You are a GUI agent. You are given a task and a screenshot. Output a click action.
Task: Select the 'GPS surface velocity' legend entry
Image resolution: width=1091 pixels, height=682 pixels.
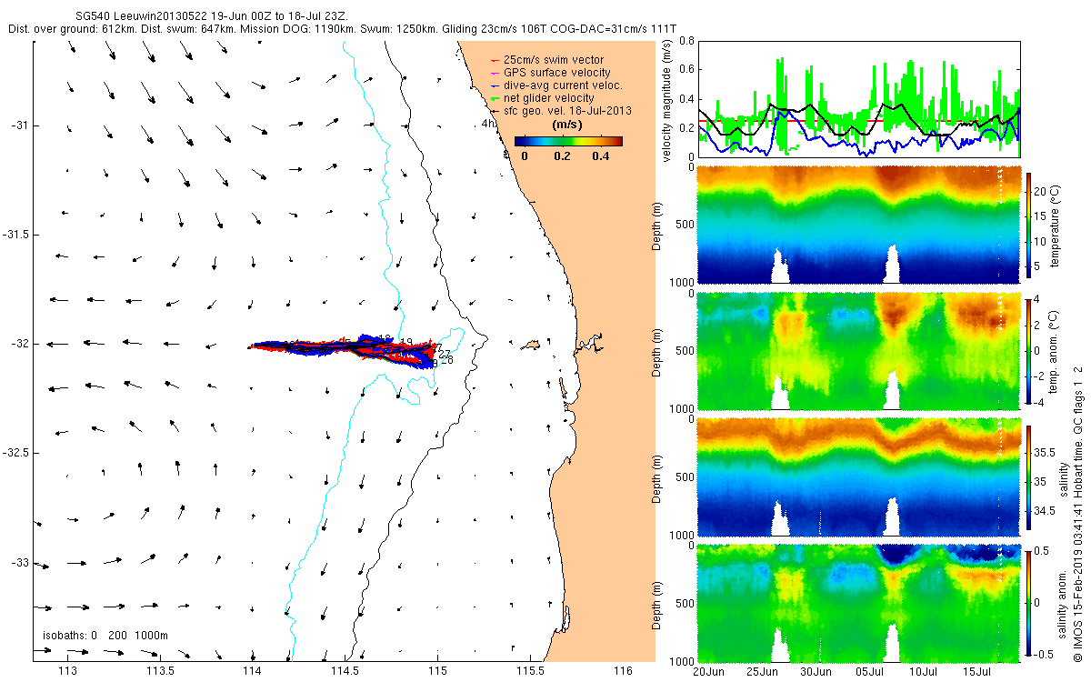tap(557, 73)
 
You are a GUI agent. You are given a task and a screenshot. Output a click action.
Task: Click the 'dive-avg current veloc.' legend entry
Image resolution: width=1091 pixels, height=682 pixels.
tap(563, 85)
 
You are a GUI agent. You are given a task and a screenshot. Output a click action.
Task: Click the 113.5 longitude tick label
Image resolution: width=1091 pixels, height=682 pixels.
tap(161, 672)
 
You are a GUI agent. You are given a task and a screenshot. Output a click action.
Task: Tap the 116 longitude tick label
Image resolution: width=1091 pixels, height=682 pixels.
tap(623, 672)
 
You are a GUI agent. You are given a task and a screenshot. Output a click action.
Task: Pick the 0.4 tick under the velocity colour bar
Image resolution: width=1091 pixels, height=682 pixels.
tap(600, 156)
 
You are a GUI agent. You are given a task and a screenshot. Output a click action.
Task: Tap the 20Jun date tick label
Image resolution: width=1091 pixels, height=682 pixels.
tap(708, 672)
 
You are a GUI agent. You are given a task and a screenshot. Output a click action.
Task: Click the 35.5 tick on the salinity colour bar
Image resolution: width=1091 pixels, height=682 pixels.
tap(1046, 451)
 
